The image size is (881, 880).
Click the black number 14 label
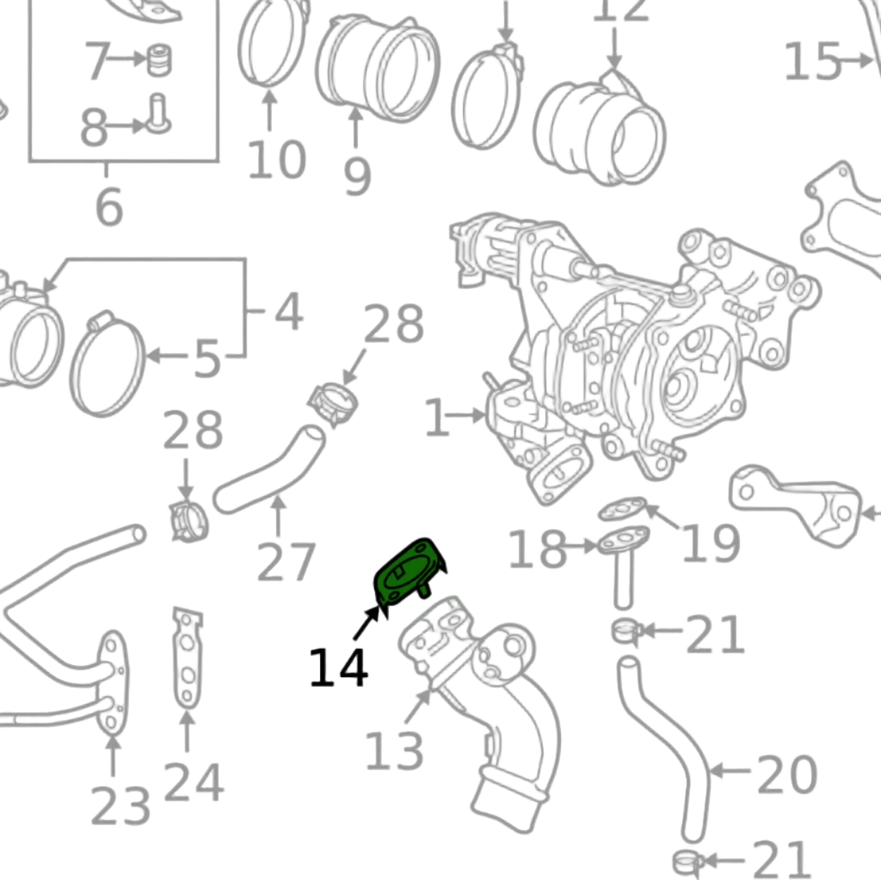pos(338,668)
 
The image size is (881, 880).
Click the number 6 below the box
pos(109,207)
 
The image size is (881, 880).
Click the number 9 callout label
pos(357,176)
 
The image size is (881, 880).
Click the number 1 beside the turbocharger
pos(436,417)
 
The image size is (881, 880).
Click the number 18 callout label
pos(537,549)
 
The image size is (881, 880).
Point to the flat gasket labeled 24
pos(186,659)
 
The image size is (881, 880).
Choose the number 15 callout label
pos(812,61)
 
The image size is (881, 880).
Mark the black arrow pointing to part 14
pos(367,624)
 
